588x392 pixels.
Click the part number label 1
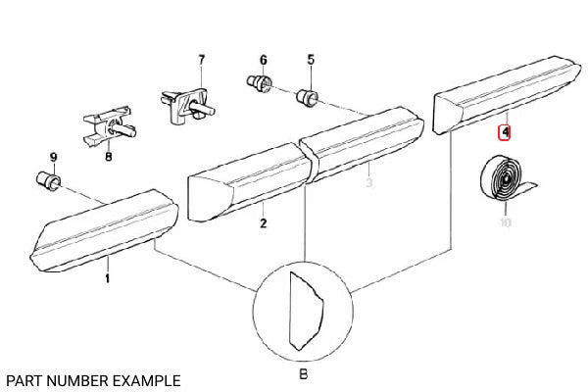tap(108, 278)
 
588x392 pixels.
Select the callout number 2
tap(264, 224)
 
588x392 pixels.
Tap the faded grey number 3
tap(369, 182)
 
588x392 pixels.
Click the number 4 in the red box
tap(506, 130)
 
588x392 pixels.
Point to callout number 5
tap(311, 60)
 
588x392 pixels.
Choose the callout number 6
tap(263, 60)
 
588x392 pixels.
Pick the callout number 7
tap(202, 60)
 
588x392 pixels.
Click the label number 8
tap(108, 156)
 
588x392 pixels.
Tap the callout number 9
tap(54, 157)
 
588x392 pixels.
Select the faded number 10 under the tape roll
tap(505, 223)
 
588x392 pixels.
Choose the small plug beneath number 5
tap(307, 96)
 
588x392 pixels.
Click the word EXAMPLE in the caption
tap(146, 378)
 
